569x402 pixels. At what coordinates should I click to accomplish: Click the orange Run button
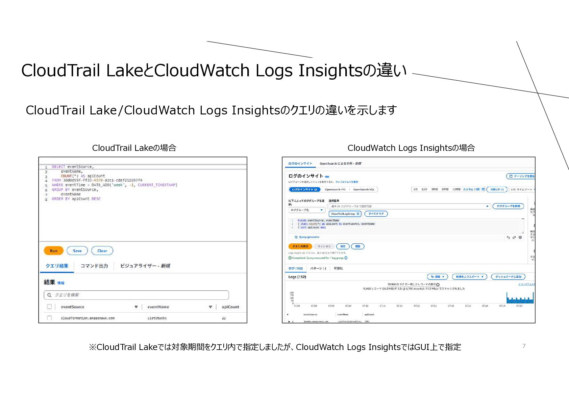pos(54,251)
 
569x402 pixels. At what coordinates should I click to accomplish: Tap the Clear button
pos(102,251)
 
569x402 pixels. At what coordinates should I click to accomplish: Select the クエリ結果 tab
pos(57,266)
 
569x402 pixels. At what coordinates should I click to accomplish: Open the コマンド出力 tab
pos(94,266)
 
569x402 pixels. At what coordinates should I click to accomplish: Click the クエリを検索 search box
pos(136,295)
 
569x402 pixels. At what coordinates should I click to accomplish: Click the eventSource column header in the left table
pos(73,307)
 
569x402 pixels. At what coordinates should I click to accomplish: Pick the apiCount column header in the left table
pos(230,307)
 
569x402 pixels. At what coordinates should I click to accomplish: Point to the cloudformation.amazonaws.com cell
pos(88,318)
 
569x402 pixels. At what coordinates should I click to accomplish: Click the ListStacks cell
pos(157,318)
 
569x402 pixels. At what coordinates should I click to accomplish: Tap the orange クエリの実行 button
pos(300,246)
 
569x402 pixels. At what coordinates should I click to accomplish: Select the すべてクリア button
pos(376,214)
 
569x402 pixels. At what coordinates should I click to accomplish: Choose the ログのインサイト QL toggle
pos(305,189)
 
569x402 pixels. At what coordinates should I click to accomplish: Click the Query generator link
pos(309,237)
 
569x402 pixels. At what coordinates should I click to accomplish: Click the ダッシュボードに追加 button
pos(508,277)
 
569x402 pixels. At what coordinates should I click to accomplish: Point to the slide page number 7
pos(524,346)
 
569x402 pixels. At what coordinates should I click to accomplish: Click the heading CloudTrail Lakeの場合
pos(134,148)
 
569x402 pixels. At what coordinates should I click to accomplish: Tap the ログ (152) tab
pos(296,268)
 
